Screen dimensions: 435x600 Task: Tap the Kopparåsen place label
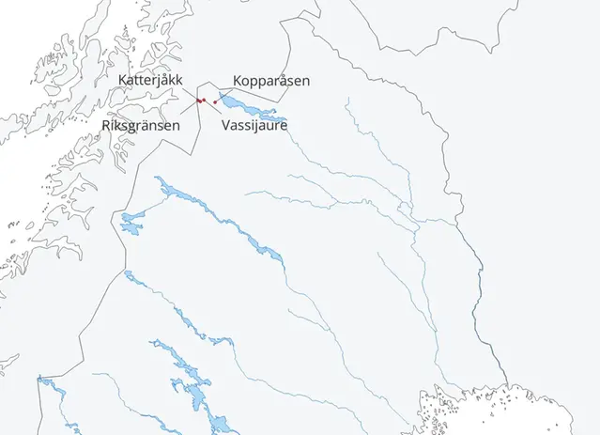point(270,81)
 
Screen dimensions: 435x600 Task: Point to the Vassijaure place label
point(254,124)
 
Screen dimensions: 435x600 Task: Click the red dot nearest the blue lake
point(216,102)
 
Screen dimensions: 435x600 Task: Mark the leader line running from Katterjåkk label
point(189,92)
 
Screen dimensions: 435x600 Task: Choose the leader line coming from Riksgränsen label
point(189,108)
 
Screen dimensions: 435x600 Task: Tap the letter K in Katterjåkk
point(123,80)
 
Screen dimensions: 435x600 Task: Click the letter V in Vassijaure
point(226,124)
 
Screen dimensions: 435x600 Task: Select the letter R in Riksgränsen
point(106,124)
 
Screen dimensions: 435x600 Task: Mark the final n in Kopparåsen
point(305,81)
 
